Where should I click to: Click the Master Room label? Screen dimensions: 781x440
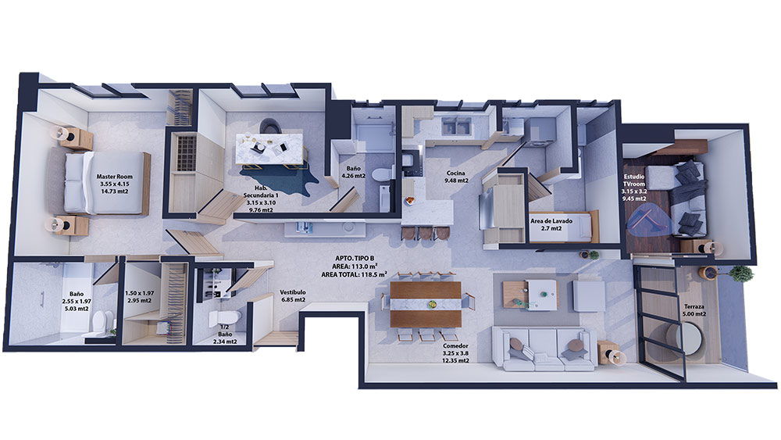115,177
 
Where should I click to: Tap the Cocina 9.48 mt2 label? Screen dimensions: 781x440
456,177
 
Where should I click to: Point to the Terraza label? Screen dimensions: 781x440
694,307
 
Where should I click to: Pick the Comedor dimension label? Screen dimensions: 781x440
455,352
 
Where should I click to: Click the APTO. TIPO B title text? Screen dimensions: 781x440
355,258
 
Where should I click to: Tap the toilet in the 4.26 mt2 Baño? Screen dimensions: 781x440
383,175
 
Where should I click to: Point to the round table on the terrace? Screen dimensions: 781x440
684,339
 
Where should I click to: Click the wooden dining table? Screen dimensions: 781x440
426,305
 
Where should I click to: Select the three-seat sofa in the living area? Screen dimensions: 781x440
544,349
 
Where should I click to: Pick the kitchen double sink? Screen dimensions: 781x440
457,127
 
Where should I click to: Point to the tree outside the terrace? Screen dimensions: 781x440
741,274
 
